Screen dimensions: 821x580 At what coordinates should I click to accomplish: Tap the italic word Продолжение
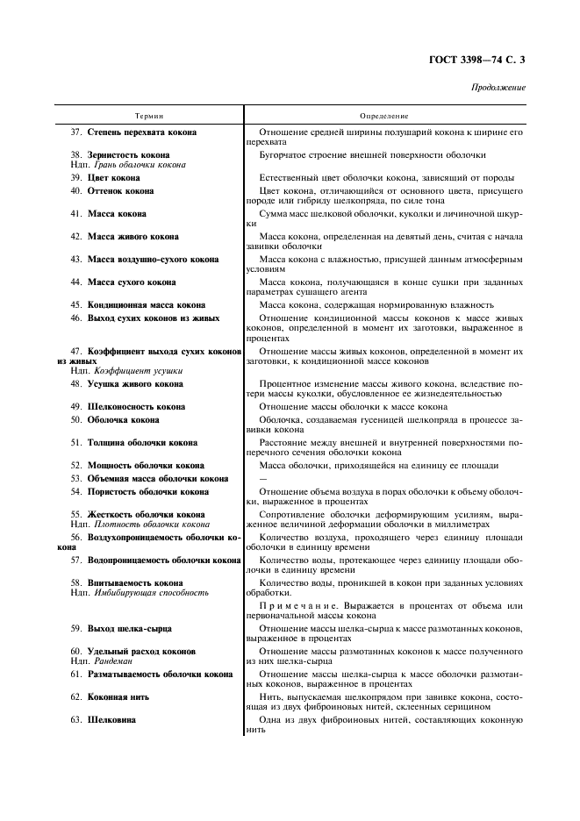pos(498,88)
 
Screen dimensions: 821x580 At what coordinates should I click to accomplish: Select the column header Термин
pos(149,116)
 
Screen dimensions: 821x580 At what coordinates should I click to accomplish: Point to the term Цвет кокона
pos(113,177)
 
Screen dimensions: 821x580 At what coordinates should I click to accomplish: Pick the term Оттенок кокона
pos(120,190)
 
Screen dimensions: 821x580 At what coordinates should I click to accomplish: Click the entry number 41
pos(75,213)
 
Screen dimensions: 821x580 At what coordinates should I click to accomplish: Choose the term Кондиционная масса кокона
pos(146,304)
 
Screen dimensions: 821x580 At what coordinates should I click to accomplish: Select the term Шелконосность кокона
pos(136,407)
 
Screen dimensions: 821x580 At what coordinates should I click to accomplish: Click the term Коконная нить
pos(118,696)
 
